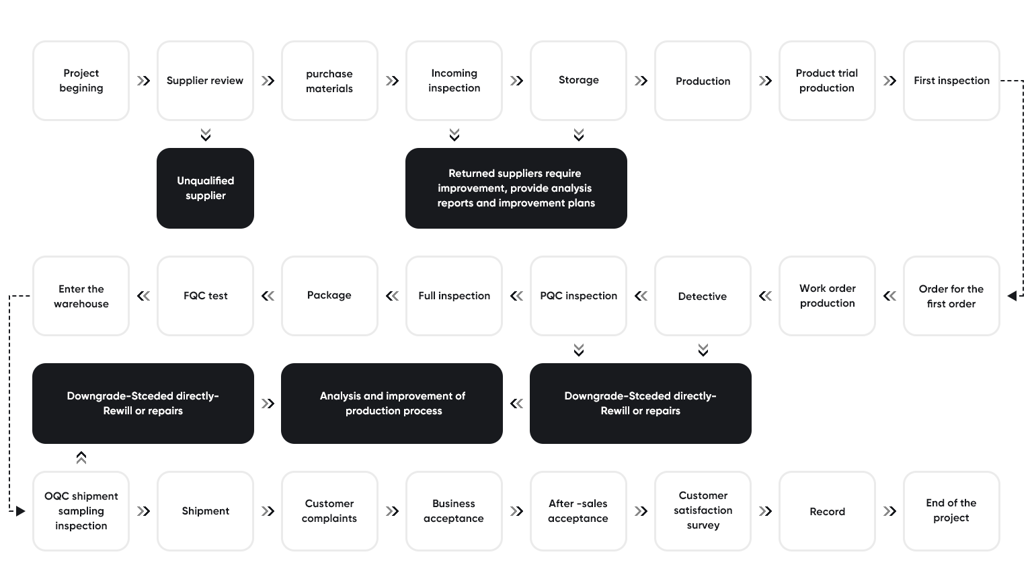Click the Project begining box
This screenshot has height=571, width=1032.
pyautogui.click(x=81, y=81)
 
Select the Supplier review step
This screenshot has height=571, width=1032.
pyautogui.click(x=206, y=81)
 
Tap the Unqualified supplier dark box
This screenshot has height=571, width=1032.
pyautogui.click(x=206, y=188)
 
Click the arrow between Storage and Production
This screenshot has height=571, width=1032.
pyautogui.click(x=641, y=81)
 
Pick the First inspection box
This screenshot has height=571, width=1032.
pyautogui.click(x=952, y=81)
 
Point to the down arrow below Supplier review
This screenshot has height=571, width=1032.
pyautogui.click(x=206, y=135)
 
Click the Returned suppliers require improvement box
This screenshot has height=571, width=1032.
pyautogui.click(x=516, y=188)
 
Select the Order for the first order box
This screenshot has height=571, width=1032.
pyautogui.click(x=952, y=296)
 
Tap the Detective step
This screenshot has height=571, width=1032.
pyautogui.click(x=703, y=296)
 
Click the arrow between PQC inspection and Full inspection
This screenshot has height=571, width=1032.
pyautogui.click(x=516, y=296)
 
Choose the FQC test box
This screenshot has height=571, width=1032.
pyautogui.click(x=206, y=296)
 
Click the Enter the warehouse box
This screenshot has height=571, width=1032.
pyautogui.click(x=81, y=296)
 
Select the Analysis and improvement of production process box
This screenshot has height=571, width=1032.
pyautogui.click(x=392, y=404)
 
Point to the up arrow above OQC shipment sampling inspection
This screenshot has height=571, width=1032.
pyautogui.click(x=81, y=457)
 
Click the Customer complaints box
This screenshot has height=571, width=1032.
pyautogui.click(x=330, y=511)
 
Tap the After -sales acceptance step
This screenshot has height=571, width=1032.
pyautogui.click(x=579, y=511)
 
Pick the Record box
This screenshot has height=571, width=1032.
pyautogui.click(x=828, y=511)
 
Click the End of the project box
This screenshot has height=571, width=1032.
pyautogui.click(x=952, y=511)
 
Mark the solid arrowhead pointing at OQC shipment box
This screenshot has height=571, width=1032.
pyautogui.click(x=21, y=511)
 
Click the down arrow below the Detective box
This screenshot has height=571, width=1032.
pyautogui.click(x=703, y=350)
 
